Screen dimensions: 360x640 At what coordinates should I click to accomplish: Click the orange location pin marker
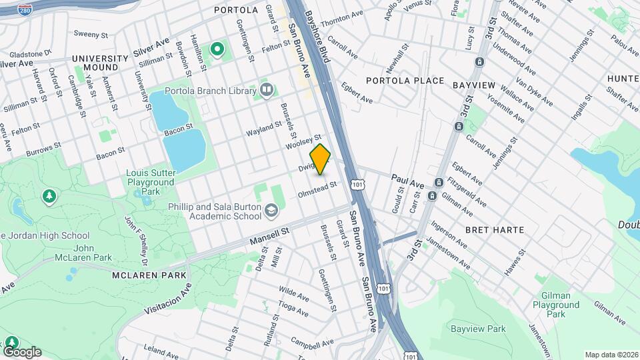[x=321, y=159]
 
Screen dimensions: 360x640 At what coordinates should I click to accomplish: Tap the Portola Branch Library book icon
[x=267, y=90]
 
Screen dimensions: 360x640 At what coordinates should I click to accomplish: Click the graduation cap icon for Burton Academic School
[x=271, y=211]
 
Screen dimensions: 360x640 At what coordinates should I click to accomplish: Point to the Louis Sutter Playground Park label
[x=151, y=182]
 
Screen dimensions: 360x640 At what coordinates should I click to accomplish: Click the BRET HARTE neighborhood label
[x=495, y=230]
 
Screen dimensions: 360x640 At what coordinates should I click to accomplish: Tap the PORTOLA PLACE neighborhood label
[x=405, y=81]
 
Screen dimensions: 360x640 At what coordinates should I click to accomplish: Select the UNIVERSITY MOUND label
[x=100, y=63]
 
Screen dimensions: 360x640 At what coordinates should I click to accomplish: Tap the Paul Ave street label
[x=407, y=180]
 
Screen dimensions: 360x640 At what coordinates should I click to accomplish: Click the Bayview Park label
[x=478, y=329]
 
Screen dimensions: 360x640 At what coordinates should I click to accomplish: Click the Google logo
[x=22, y=352]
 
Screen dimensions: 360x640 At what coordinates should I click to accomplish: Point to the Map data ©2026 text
[x=611, y=355]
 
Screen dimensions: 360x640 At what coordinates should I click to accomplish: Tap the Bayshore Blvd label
[x=317, y=37]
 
